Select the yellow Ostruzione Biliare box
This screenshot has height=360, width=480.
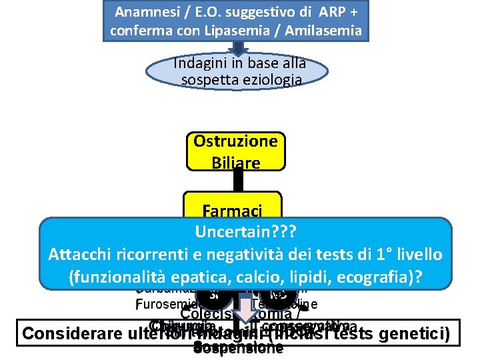tap(235, 151)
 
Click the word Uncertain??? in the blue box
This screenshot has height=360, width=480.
tap(245, 233)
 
